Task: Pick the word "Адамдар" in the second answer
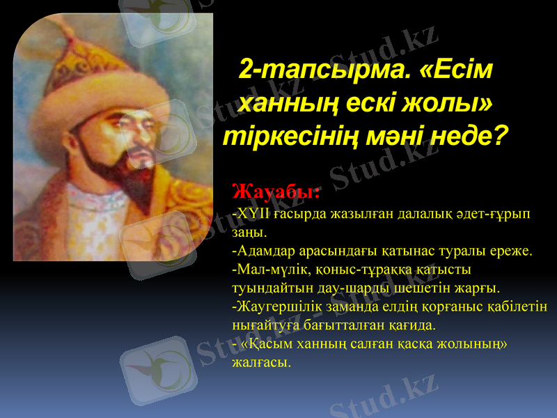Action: click(x=262, y=250)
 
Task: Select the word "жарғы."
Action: click(x=480, y=288)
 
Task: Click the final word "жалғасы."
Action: click(x=260, y=362)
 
